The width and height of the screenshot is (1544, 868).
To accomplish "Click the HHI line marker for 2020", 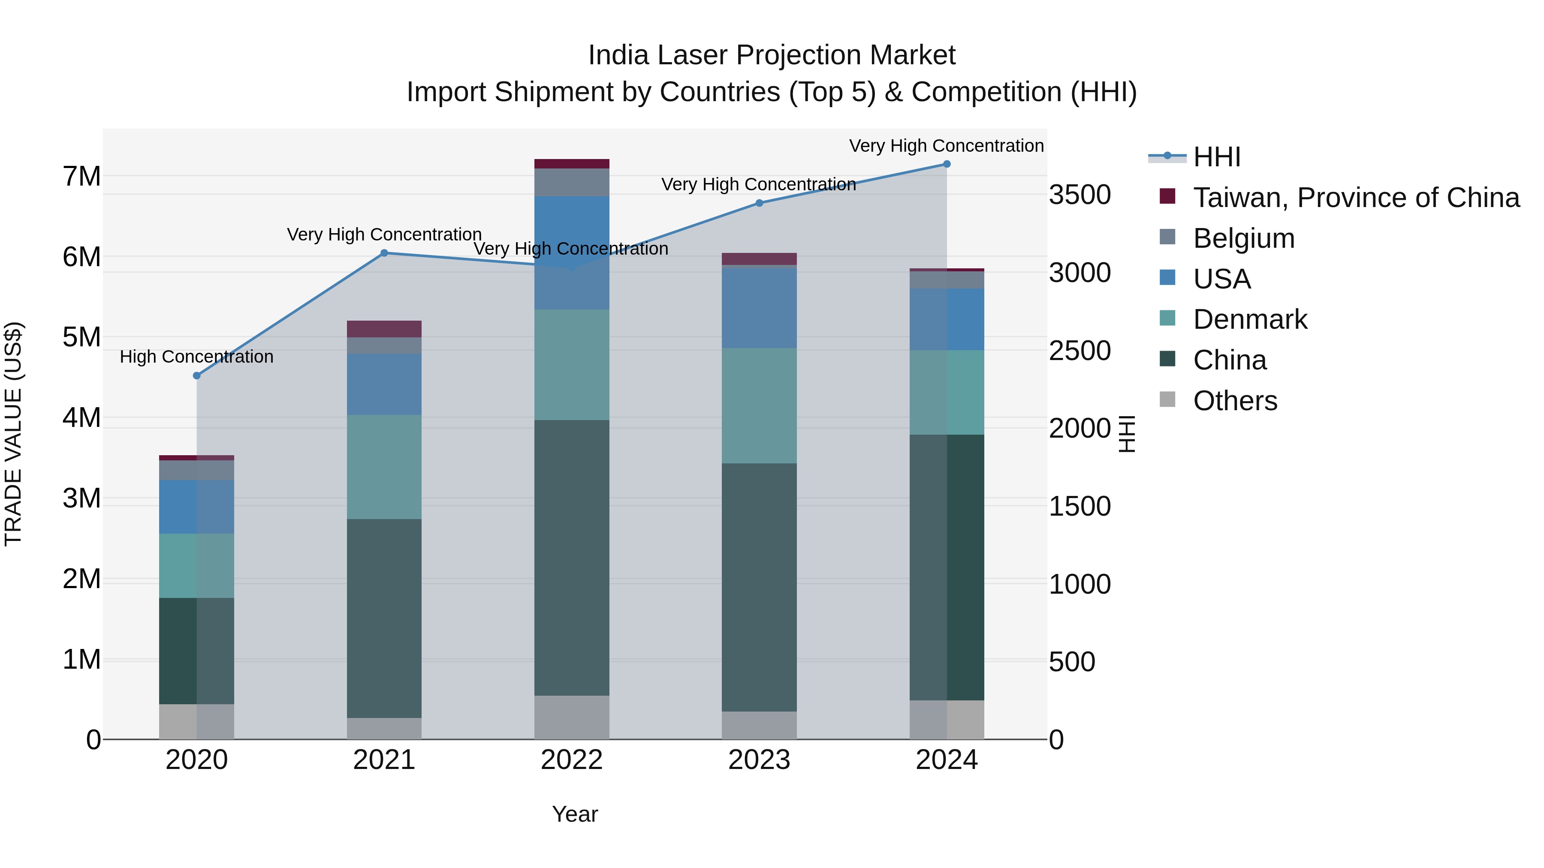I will (196, 375).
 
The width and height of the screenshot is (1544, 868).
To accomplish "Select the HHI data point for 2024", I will (947, 164).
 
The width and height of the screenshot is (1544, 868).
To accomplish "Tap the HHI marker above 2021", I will (384, 253).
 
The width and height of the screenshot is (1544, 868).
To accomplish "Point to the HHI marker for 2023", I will (760, 203).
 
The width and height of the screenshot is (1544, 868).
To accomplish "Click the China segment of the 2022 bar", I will (572, 557).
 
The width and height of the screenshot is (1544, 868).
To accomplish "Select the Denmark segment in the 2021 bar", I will (384, 467).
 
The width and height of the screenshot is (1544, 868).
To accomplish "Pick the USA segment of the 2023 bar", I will (760, 307).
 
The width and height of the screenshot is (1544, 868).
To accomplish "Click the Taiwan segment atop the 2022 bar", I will (572, 164).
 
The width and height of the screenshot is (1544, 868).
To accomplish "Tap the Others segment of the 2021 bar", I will (384, 728).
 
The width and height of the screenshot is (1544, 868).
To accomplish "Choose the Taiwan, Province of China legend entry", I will (1356, 198).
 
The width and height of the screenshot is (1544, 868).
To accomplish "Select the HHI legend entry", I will (1216, 157).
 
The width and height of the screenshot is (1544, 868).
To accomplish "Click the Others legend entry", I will (1235, 401).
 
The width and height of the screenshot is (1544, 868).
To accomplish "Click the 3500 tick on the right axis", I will (1080, 195).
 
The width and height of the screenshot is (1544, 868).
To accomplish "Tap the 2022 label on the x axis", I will (572, 760).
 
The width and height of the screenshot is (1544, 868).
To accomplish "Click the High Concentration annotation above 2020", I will (196, 357).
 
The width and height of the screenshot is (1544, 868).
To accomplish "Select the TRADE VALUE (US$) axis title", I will (13, 434).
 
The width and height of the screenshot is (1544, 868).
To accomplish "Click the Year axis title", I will (575, 814).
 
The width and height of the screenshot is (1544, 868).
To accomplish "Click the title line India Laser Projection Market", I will (772, 55).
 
